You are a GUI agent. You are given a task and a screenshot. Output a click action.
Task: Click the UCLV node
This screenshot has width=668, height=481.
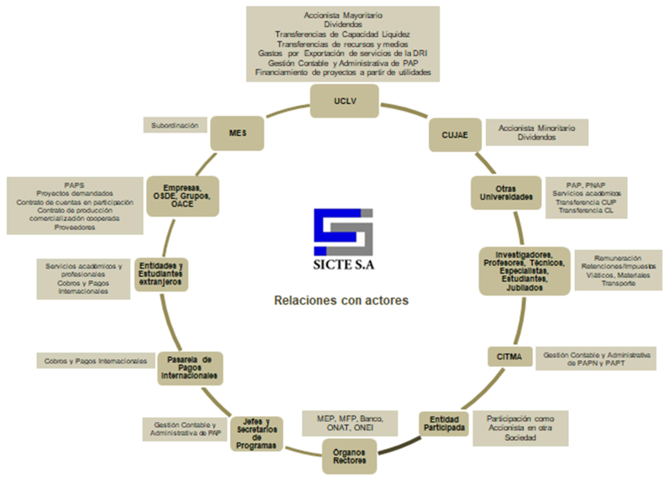click(x=339, y=101)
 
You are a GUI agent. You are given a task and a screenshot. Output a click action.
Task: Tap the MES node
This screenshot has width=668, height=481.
click(x=238, y=132)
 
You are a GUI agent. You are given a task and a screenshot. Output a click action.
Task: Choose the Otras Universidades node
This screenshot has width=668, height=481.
click(x=502, y=192)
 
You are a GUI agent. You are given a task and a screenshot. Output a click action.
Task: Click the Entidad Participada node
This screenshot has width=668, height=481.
click(x=442, y=421)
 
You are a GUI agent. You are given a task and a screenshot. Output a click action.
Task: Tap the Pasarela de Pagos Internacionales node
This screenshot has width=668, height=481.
click(x=190, y=369)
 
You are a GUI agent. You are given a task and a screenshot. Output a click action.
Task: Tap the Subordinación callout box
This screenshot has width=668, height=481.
click(x=175, y=125)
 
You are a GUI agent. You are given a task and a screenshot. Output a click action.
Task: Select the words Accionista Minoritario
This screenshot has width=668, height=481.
click(x=536, y=128)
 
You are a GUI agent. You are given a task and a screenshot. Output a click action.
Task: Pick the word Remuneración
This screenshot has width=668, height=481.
click(x=618, y=258)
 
